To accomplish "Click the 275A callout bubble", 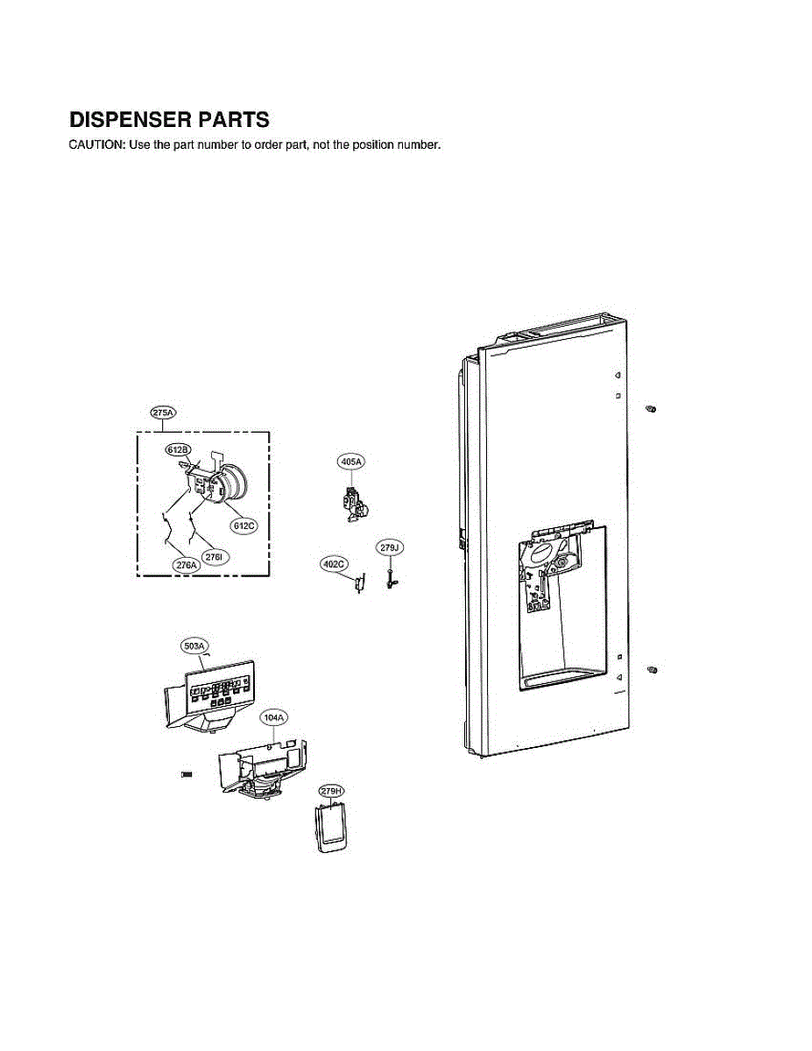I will [x=164, y=413].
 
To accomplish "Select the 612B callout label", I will [x=178, y=449].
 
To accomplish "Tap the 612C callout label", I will [x=243, y=525].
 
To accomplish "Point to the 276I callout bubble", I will [x=214, y=556].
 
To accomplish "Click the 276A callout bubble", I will [x=186, y=566].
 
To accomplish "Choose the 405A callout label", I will [x=350, y=461].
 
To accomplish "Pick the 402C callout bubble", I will [x=334, y=564].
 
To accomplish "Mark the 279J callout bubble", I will [x=389, y=548].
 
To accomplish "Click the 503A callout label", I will [x=194, y=646].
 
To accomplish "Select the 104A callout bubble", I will [x=273, y=717].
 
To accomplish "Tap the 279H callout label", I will [x=330, y=791].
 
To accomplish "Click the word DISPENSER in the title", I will [x=131, y=119].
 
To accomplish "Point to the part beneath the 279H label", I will [x=331, y=829].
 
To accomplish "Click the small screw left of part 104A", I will [x=186, y=775].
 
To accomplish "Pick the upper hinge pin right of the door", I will [x=651, y=410].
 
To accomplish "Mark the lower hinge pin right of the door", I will [x=651, y=670].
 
